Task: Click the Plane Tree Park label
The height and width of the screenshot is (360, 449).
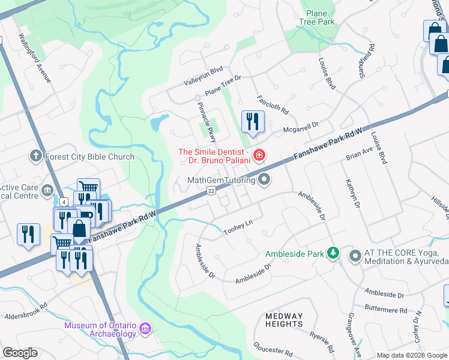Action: click(316, 17)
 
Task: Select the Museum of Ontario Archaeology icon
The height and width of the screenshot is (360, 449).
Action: click(145, 329)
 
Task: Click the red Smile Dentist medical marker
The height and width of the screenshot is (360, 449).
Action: click(259, 156)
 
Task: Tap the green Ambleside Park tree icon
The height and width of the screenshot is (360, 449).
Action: click(333, 254)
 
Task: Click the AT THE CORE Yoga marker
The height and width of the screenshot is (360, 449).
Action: click(355, 256)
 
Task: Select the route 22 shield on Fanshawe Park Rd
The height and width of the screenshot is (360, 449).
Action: click(211, 190)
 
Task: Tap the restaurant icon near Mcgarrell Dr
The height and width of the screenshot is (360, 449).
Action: click(253, 121)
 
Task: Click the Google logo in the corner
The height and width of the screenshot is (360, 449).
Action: click(20, 353)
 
